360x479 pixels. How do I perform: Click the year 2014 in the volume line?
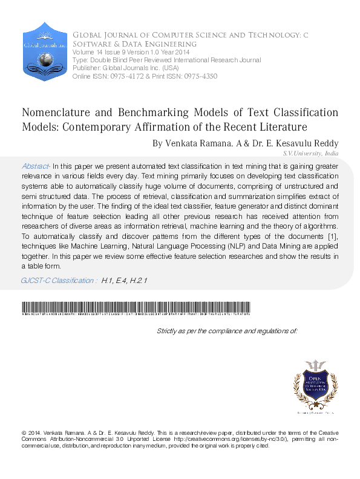(x=180, y=53)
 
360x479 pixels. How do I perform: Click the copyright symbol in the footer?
(x=24, y=433)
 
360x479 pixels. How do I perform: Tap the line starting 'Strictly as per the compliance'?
(x=227, y=331)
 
